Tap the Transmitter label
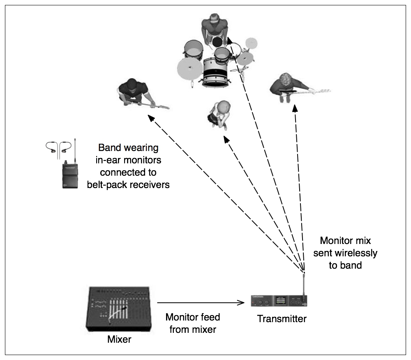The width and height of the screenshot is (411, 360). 282,318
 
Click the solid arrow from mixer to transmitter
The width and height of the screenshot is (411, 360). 201,304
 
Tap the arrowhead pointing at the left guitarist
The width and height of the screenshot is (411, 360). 151,118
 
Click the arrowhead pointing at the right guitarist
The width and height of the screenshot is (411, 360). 295,108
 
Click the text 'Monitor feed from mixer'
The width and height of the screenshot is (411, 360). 192,323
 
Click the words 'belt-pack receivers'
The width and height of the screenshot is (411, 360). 128,184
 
